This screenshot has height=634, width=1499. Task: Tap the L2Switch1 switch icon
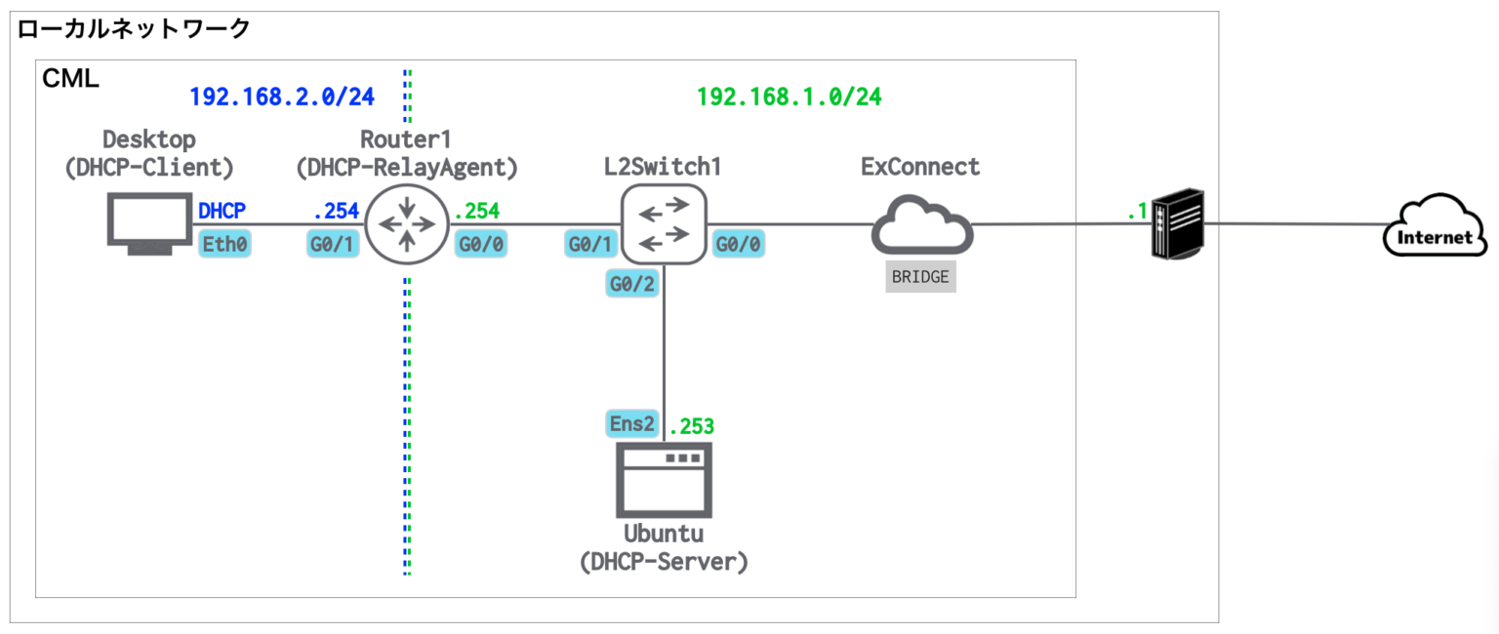664,224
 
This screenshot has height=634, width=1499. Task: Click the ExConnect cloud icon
922,226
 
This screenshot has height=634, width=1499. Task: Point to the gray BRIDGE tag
920,277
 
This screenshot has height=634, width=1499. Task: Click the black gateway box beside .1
1178,225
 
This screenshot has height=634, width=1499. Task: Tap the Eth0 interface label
224,245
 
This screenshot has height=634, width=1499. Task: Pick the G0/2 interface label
631,285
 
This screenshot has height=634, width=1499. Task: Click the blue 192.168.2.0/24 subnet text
282,96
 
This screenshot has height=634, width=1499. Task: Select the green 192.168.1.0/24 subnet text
790,96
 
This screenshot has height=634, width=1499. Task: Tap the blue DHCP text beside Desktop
223,210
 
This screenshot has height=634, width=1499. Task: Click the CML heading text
70,79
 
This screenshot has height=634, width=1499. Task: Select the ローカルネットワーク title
135,28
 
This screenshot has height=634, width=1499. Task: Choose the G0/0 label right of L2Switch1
740,245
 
